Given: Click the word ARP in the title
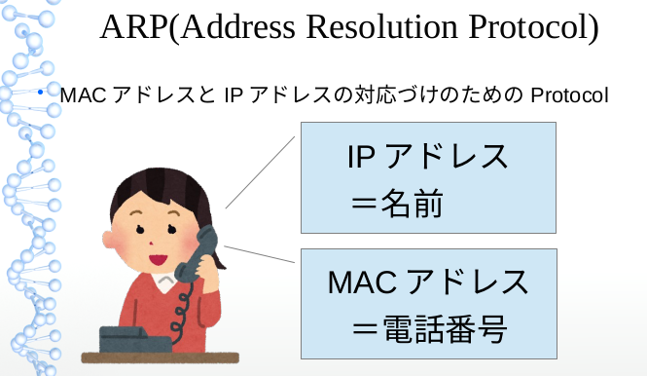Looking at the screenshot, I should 132,28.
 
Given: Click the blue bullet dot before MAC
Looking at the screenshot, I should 42,94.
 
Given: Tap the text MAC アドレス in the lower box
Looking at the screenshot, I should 428,283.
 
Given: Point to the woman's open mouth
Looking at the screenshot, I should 159,258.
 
